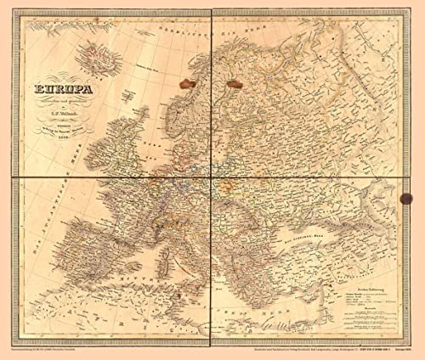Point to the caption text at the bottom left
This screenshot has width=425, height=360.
tap(55, 347)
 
